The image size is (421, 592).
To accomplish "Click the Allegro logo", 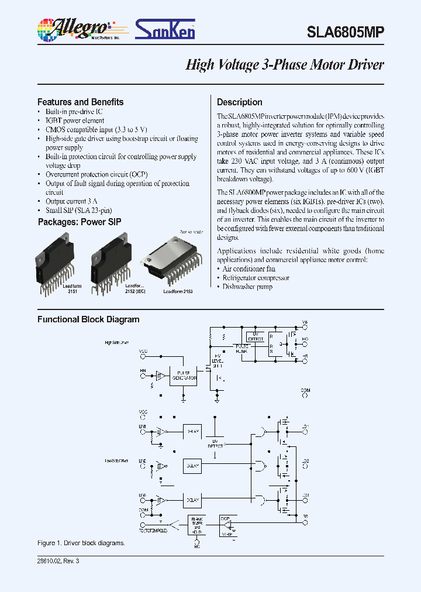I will point(73,29).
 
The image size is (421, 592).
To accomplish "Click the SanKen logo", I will point(165,30).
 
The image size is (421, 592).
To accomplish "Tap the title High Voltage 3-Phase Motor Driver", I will point(284,65).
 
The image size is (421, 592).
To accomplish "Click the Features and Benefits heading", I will point(80,102).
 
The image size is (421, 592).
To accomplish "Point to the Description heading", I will point(239,102).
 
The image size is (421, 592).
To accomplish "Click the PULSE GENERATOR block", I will point(183,376).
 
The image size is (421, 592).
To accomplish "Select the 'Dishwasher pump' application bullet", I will point(247,287).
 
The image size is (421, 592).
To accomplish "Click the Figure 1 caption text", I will point(81,543).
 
